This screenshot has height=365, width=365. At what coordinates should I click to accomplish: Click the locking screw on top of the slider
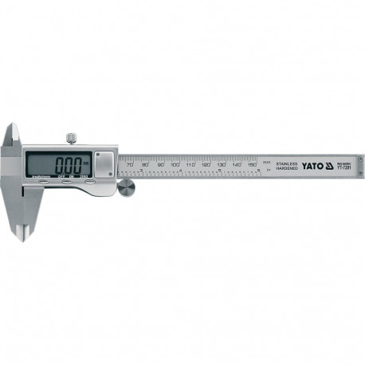pyautogui.click(x=72, y=139)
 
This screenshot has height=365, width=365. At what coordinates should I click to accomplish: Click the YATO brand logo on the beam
pyautogui.click(x=312, y=165)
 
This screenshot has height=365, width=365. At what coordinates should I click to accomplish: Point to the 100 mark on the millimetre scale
pyautogui.click(x=175, y=165)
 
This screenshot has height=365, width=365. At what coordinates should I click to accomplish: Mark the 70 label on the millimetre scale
pyautogui.click(x=130, y=165)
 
